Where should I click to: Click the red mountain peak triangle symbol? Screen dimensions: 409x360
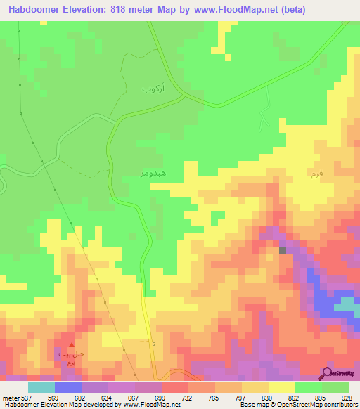point(70,344)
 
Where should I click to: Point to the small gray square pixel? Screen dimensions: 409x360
point(283,249)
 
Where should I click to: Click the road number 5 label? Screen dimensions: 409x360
point(153,343)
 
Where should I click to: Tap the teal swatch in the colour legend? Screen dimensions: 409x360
point(41,387)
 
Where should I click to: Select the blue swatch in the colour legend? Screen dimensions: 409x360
point(67,387)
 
